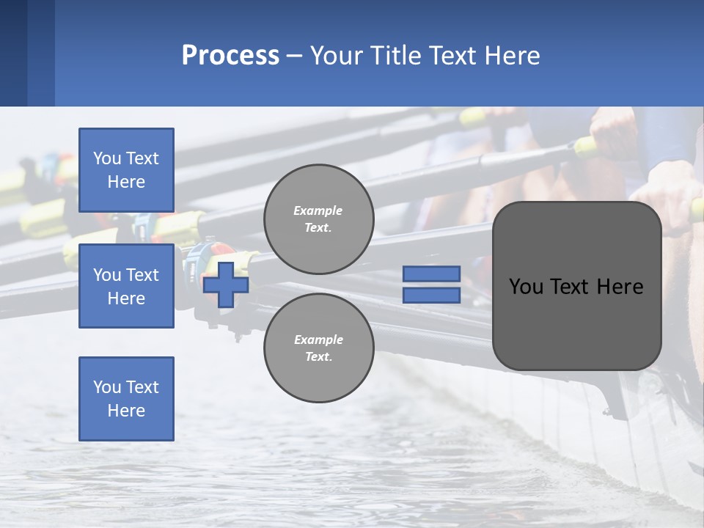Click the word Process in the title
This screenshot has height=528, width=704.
pos(230,56)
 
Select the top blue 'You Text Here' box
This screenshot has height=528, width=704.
pos(126,170)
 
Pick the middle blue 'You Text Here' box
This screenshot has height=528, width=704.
pos(126,286)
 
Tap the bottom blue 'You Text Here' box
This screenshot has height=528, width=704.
pos(126,399)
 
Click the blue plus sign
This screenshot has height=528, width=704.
pos(226,285)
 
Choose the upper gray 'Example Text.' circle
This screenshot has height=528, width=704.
pos(318,219)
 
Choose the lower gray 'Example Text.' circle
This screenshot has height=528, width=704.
pos(318,348)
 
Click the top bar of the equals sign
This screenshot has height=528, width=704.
pos(431,274)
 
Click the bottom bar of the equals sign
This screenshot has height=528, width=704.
pos(431,295)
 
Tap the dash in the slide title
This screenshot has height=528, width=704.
pos(294,56)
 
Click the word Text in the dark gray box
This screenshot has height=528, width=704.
pos(572,287)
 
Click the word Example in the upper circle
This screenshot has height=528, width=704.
pos(318,210)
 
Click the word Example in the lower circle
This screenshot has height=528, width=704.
pos(318,340)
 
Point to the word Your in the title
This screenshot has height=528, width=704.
pos(335,56)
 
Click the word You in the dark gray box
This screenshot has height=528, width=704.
pos(526,287)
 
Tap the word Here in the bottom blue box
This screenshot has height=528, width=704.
pos(126,411)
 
